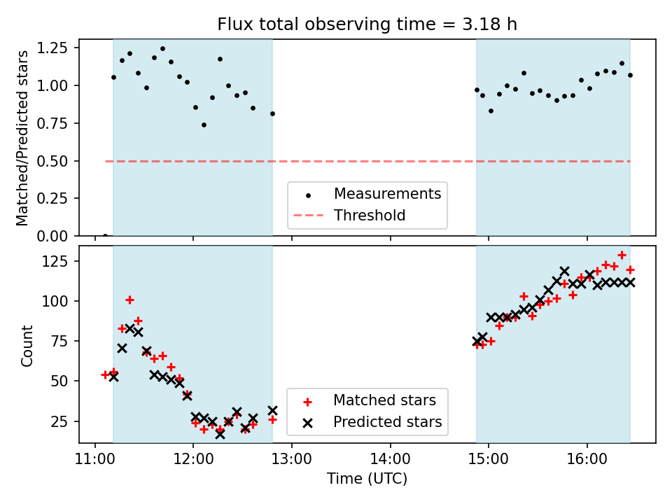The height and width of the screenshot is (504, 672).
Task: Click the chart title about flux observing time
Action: (x=367, y=24)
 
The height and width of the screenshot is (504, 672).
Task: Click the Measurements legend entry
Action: (x=387, y=193)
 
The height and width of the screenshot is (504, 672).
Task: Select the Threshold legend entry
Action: (x=369, y=215)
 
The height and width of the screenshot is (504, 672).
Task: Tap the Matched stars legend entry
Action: (x=384, y=400)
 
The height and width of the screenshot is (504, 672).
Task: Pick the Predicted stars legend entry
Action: (x=387, y=422)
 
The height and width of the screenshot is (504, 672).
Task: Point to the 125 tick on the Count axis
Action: (x=57, y=261)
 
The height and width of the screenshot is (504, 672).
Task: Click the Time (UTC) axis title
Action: (x=367, y=479)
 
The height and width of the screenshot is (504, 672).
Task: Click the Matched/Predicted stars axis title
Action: (x=22, y=138)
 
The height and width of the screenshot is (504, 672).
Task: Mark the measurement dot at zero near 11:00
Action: (x=105, y=236)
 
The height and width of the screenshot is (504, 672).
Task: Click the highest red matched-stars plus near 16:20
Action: (x=622, y=255)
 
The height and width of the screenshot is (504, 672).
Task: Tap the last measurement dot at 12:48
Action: (x=272, y=113)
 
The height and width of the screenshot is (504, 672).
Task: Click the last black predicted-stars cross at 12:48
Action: (x=272, y=410)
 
